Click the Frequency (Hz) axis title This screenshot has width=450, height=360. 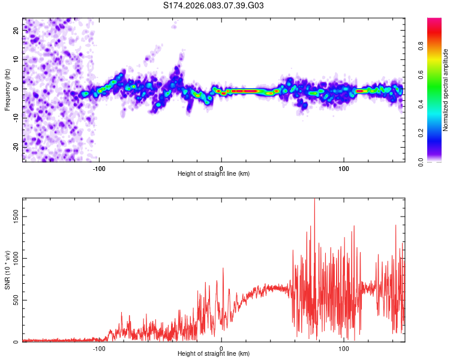point(7,90)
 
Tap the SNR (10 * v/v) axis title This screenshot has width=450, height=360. point(7,270)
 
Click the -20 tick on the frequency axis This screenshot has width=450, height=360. point(16,146)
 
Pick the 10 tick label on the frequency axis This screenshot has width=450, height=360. point(17,59)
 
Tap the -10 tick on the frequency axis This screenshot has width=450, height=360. point(16,118)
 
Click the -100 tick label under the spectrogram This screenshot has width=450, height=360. point(99,168)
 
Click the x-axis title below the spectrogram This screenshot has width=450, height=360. point(214,174)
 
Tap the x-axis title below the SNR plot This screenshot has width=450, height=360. point(214,354)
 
